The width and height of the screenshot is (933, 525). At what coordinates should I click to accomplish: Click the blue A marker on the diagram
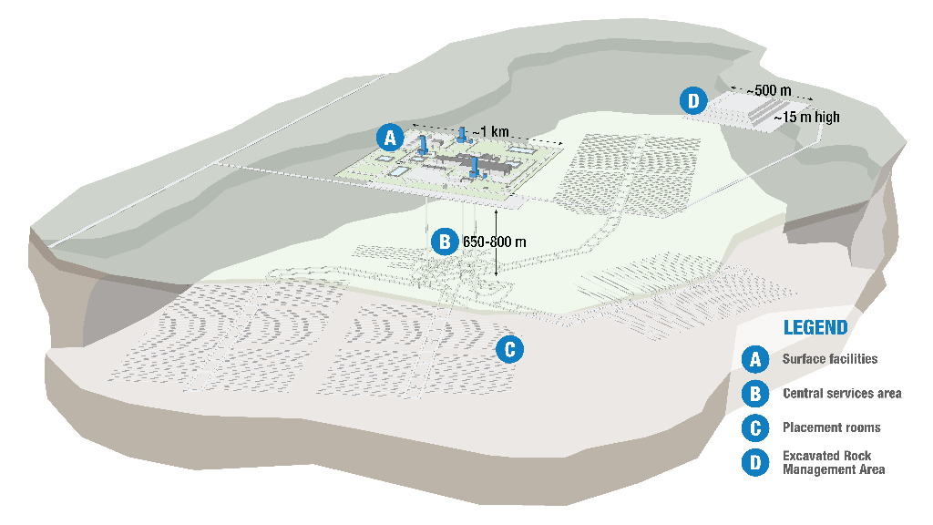[x=390, y=139]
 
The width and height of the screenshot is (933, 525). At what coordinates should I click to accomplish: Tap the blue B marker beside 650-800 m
[x=445, y=242]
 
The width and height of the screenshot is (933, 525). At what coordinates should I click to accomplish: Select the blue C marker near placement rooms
[x=510, y=349]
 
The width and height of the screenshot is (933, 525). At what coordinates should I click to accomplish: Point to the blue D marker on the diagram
[x=693, y=100]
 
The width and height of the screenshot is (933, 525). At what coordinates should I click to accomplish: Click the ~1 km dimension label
[x=491, y=131]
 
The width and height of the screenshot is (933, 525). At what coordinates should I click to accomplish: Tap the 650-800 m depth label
[x=495, y=242]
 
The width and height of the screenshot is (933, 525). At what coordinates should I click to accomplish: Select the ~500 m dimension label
[x=769, y=90]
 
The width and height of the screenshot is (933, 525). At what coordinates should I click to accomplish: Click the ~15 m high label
[x=807, y=118]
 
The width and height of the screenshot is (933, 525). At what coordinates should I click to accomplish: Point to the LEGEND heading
[x=815, y=328]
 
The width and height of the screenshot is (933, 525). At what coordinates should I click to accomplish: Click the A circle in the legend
[x=755, y=359]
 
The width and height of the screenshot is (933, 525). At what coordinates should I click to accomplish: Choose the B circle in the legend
[x=755, y=394]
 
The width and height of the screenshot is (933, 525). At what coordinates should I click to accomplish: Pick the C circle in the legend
[x=755, y=428]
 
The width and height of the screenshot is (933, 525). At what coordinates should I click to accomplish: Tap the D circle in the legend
[x=755, y=462]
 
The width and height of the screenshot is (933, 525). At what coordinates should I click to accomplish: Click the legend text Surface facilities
[x=830, y=359]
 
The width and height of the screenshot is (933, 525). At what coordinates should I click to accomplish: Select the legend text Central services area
[x=842, y=394]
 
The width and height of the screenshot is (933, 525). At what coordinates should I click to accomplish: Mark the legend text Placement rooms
[x=831, y=428]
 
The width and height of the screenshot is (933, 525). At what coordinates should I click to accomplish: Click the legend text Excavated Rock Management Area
[x=834, y=462]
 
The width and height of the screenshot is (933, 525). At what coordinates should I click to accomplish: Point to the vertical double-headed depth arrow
[x=497, y=242]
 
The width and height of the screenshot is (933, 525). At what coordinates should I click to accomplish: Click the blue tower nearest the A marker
[x=423, y=145]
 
